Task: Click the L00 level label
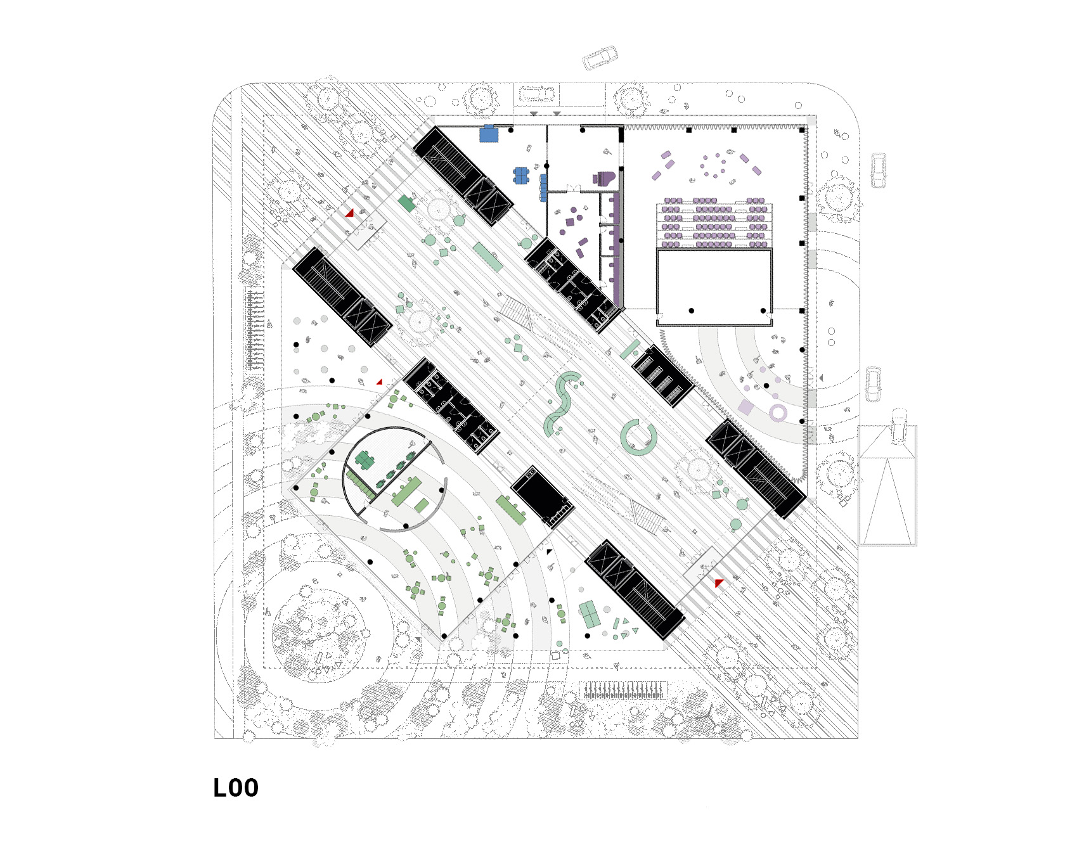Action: coord(236,788)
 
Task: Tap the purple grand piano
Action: coord(605,178)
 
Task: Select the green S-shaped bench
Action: coord(561,402)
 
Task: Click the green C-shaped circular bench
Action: coord(637,437)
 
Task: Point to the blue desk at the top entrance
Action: coord(489,134)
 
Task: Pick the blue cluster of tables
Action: coord(521,176)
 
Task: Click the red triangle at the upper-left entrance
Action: coord(349,213)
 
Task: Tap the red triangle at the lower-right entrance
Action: coord(718,582)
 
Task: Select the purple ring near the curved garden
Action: coord(778,414)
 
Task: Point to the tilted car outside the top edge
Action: coord(600,57)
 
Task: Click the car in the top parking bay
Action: coord(536,94)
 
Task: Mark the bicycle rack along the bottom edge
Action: coord(624,690)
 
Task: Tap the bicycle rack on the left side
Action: coord(255,330)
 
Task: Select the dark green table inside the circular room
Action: coord(365,460)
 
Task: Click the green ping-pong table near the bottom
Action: coord(590,614)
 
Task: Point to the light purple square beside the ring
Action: coord(746,407)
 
